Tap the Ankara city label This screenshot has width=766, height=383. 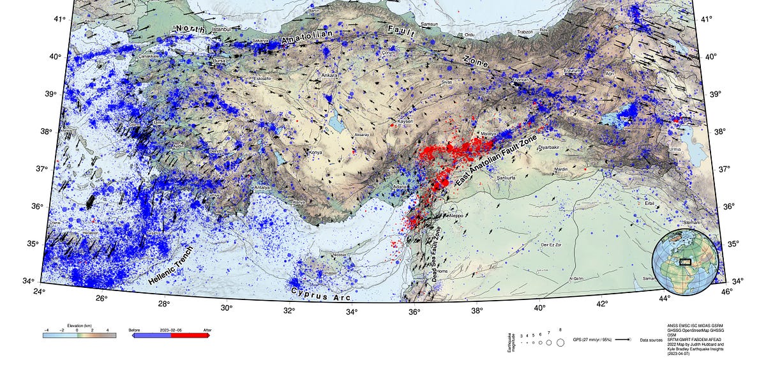click(329, 75)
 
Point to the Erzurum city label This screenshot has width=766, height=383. click(573, 71)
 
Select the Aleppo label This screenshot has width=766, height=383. click(456, 216)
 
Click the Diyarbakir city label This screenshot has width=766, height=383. click(549, 147)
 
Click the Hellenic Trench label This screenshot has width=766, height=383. click(170, 266)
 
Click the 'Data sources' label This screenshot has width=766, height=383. click(652, 340)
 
